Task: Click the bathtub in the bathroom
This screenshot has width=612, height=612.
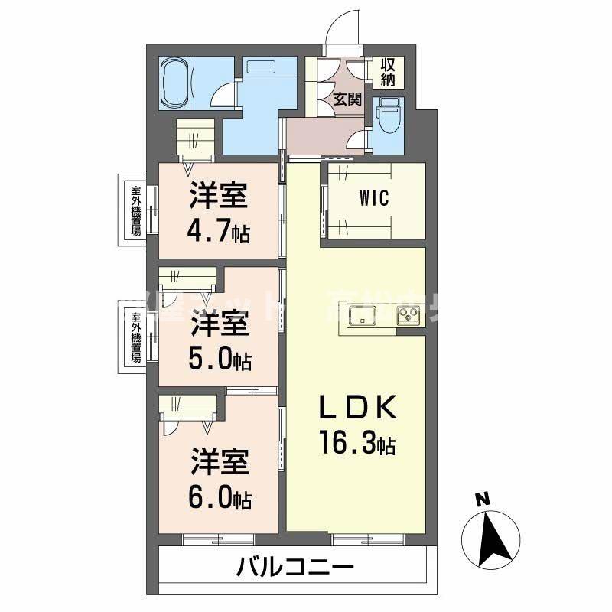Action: pos(178,84)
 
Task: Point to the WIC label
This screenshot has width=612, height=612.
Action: pos(375,199)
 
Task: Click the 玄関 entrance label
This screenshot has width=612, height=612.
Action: pos(347,98)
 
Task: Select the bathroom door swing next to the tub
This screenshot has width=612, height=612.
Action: pos(223,95)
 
